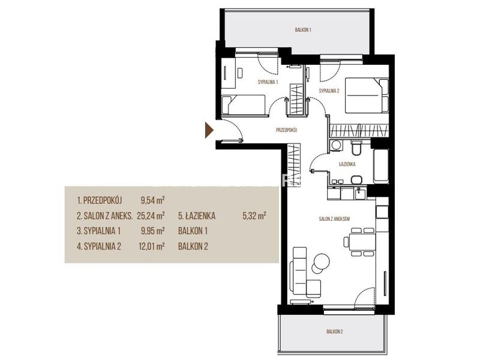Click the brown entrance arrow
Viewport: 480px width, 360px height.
(209, 130)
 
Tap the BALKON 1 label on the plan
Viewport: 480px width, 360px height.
(303, 30)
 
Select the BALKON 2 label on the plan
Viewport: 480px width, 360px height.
(335, 332)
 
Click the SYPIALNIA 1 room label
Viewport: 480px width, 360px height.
(268, 82)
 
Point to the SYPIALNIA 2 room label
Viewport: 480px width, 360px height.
(329, 91)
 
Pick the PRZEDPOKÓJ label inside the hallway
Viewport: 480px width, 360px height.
(287, 130)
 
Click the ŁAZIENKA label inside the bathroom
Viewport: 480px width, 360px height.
(347, 164)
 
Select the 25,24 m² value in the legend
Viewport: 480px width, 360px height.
(151, 216)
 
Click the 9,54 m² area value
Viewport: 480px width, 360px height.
(153, 200)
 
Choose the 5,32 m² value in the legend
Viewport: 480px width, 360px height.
(254, 216)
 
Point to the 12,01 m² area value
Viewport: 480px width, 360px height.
(152, 246)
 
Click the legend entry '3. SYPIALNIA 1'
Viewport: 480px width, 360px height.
(98, 231)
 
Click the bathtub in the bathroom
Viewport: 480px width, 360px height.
(381, 166)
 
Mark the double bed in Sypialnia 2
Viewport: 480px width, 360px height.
(367, 95)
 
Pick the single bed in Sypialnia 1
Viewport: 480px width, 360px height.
(244, 105)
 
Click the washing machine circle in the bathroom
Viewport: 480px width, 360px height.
(337, 145)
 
